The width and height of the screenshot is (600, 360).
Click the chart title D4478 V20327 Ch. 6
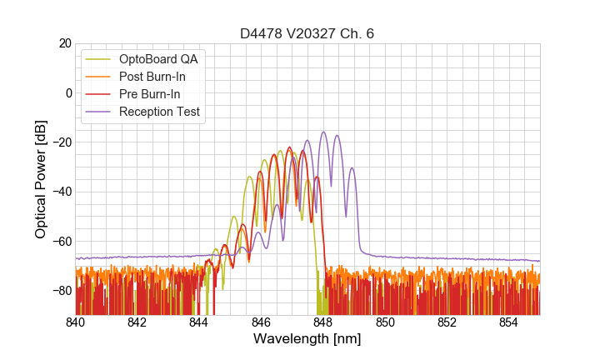point(307,33)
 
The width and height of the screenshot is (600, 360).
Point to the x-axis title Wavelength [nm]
point(307,339)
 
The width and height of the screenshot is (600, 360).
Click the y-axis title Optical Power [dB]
point(40,178)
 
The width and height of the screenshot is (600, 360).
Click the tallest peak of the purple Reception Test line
point(323,132)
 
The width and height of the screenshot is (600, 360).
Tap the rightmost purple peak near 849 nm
point(352,168)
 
